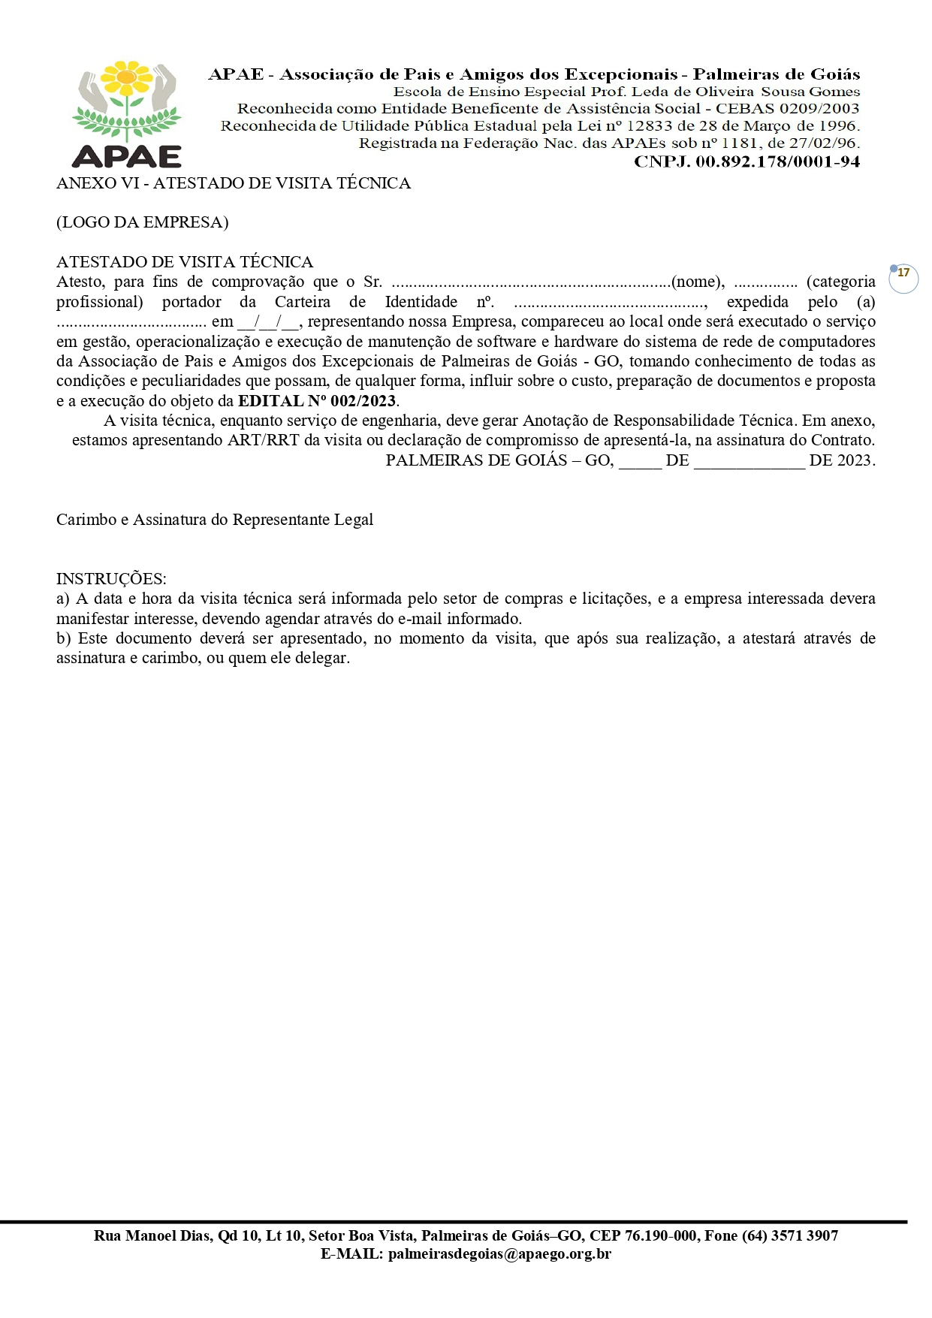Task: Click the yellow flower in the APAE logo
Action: [x=127, y=77]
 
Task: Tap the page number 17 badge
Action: [x=903, y=274]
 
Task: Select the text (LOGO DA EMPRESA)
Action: [x=143, y=222]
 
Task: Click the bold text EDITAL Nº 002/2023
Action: [x=317, y=401]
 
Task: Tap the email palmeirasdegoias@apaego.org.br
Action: [x=499, y=1253]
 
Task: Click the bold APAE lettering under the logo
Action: [x=127, y=156]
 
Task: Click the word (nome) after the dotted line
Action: [x=698, y=282]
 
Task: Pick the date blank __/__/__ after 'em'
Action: [x=269, y=322]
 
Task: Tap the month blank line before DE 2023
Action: [x=749, y=461]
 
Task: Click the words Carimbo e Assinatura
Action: [x=131, y=520]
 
